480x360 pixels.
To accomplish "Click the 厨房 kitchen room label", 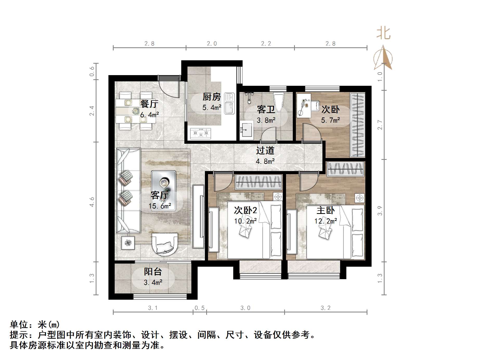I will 212,97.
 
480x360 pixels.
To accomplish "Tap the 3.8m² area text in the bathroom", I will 266,120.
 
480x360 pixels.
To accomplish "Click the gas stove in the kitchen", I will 201,134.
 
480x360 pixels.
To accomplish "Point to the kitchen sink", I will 229,104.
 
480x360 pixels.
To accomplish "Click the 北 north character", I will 384,34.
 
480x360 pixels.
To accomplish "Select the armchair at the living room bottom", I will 165,244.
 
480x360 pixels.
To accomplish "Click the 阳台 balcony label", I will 153,272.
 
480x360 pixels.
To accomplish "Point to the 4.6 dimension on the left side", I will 92,202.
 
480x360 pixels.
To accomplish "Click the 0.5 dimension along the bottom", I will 199,308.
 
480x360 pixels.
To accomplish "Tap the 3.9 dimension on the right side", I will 380,211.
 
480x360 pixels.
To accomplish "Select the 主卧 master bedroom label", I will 326,210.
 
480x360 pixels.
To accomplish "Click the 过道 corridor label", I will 265,150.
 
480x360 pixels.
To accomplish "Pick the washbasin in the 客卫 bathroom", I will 246,129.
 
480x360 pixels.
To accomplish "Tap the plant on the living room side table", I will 128,243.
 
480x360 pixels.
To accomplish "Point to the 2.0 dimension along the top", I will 212,44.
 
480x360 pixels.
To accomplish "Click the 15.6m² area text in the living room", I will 160,206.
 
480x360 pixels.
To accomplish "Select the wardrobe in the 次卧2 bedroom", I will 259,182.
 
